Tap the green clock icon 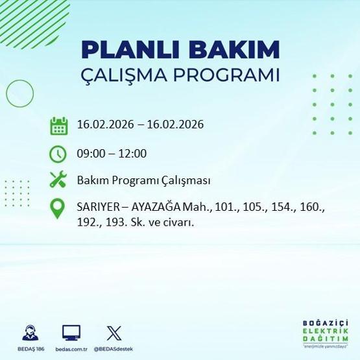coord(59,154)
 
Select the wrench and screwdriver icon coord(59,180)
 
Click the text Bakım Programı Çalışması coord(143,180)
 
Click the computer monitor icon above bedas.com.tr coord(71,332)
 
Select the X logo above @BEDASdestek coord(113,332)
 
